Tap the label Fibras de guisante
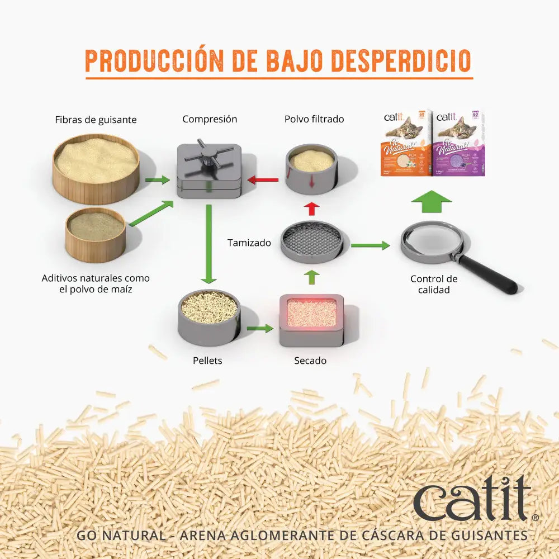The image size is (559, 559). [96, 120]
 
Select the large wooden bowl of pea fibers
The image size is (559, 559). [96, 167]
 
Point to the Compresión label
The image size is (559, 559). [210, 119]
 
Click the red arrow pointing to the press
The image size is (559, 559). [263, 180]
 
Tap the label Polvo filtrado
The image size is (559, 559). [314, 119]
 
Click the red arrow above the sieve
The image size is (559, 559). [312, 209]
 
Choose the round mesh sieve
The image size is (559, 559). [312, 242]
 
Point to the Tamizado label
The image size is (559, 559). [249, 243]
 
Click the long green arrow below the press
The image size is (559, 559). [209, 244]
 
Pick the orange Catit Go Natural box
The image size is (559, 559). [406, 143]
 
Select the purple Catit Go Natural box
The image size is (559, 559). [459, 143]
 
